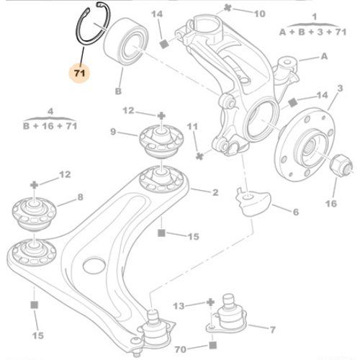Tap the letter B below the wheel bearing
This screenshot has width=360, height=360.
tap(118, 91)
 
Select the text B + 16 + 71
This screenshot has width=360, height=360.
tap(50, 124)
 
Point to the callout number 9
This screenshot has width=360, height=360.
tap(113, 131)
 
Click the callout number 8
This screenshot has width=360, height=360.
tap(81, 196)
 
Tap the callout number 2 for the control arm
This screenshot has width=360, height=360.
tap(215, 192)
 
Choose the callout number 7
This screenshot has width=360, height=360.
tap(271, 329)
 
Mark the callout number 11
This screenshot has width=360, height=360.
tap(192, 127)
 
